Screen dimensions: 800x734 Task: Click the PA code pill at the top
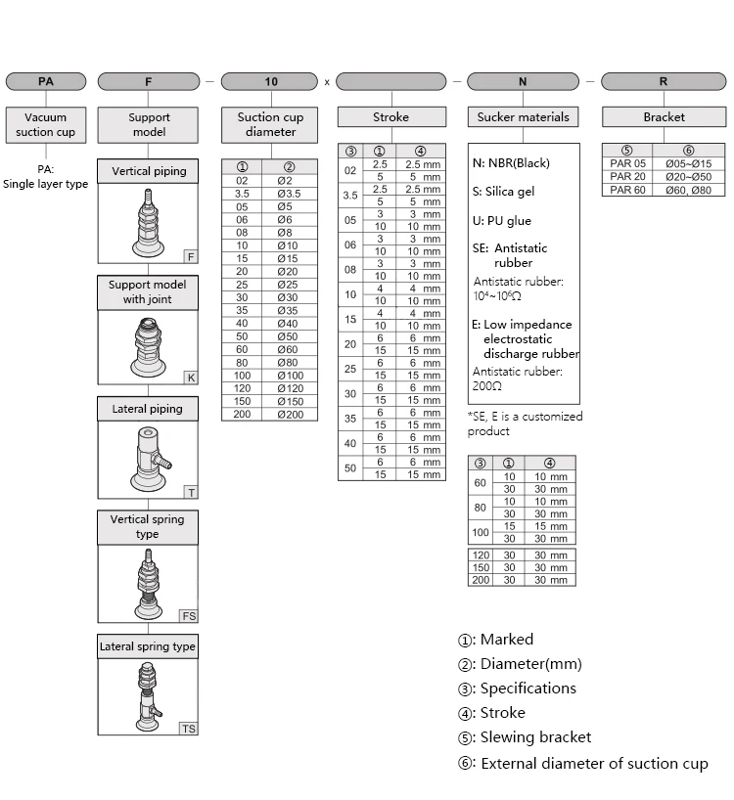point(46,82)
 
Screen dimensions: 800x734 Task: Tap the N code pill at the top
point(523,82)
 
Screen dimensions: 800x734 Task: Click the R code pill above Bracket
point(664,82)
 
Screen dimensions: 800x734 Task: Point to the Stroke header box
point(390,117)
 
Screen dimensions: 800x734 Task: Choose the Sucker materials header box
point(523,117)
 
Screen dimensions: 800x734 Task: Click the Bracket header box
point(664,117)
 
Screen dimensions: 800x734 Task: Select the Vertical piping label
point(149,171)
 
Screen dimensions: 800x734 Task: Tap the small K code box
point(191,378)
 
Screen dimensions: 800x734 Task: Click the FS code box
point(189,616)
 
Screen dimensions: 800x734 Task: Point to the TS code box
point(189,729)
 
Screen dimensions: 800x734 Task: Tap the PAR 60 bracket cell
point(627,190)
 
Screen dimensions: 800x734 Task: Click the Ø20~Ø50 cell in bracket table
point(688,176)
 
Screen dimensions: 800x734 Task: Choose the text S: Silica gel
point(503,192)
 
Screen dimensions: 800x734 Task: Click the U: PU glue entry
point(501,221)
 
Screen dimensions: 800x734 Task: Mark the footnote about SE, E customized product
point(525,423)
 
